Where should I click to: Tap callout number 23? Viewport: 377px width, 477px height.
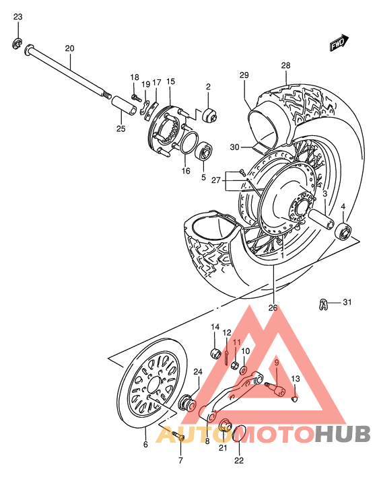point(18,16)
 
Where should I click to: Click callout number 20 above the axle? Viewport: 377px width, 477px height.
point(70,48)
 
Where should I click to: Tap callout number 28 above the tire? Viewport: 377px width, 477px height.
point(285,65)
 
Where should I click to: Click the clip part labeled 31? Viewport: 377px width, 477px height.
point(324,303)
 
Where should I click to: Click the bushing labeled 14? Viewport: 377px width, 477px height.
point(217,354)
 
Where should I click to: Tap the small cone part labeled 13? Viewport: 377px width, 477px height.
point(294,400)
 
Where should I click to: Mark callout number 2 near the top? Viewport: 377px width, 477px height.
point(209,87)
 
